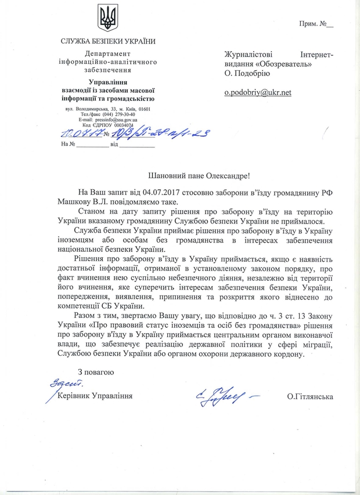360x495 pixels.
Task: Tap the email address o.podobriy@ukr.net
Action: click(258, 92)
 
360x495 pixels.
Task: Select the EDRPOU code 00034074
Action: click(120, 125)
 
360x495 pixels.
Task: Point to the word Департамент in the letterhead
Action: click(108, 54)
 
